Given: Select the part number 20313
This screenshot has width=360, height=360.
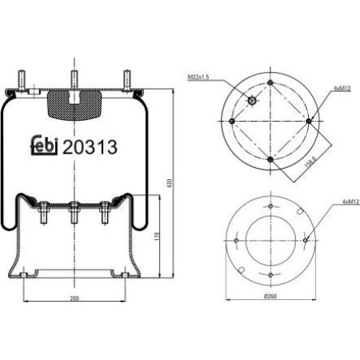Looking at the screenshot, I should pos(90,146).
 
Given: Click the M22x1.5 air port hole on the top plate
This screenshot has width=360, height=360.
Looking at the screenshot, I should pos(250,101).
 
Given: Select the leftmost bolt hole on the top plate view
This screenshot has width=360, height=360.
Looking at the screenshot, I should pos(232,121).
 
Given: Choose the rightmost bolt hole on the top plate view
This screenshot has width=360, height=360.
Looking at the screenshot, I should pos(309,121).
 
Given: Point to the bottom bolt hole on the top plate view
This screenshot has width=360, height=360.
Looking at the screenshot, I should pos(270,159).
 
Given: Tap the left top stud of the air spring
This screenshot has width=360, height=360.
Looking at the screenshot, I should pos(19,81).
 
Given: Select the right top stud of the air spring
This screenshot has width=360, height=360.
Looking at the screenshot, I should pos(126,81).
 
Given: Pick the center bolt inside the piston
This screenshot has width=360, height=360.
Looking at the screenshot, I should pos(74,214).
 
